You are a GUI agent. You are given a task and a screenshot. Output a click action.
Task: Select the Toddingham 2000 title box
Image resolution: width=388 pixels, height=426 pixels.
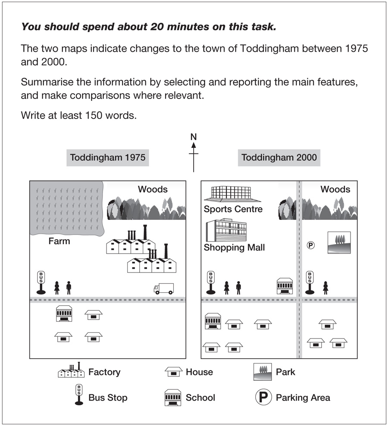(x=279, y=158)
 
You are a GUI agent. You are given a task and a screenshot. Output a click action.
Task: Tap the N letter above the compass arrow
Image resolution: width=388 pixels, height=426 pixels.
(x=194, y=137)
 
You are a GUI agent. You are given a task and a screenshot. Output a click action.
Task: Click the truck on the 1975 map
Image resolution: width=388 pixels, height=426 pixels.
(x=164, y=288)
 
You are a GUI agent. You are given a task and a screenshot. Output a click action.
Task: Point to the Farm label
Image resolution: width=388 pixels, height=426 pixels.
(x=59, y=241)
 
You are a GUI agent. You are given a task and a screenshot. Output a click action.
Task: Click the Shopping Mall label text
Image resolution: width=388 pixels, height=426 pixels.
(x=234, y=247)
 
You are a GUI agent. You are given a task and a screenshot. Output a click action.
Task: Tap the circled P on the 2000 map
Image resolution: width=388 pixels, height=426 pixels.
(x=310, y=245)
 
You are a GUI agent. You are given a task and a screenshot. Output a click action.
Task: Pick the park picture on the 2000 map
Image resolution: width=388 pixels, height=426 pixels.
(x=339, y=242)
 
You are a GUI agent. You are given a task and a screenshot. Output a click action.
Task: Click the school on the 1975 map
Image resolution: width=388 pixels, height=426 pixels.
(x=63, y=313)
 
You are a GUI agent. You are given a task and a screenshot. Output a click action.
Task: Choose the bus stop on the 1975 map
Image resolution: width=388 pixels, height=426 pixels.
(x=41, y=282)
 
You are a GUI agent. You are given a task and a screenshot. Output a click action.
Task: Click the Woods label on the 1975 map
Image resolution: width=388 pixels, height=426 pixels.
(x=153, y=189)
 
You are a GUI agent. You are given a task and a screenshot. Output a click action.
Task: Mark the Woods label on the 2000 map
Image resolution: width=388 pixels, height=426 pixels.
(x=335, y=189)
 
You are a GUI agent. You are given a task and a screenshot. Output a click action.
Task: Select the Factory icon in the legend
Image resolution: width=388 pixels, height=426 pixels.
(x=71, y=371)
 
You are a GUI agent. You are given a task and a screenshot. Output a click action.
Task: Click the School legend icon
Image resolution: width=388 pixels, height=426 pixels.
(x=172, y=398)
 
